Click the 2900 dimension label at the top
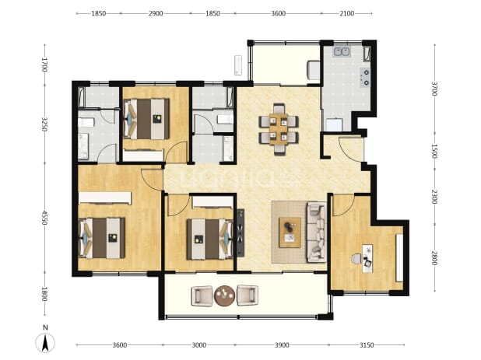[x=156, y=13]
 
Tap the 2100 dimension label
[x=346, y=13]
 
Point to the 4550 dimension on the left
[x=45, y=218]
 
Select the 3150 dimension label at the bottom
[x=367, y=345]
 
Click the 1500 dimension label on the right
[x=434, y=152]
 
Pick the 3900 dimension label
[x=282, y=345]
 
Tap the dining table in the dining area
[x=279, y=129]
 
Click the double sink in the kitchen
[x=342, y=51]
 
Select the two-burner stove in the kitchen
[x=365, y=78]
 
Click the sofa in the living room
[x=316, y=232]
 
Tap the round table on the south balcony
[x=225, y=295]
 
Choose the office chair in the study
[x=356, y=259]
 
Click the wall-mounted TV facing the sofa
[x=240, y=232]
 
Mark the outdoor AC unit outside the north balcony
[x=238, y=65]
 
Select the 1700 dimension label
[x=45, y=65]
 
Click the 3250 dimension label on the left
[x=45, y=124]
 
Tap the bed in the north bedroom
[x=146, y=118]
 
